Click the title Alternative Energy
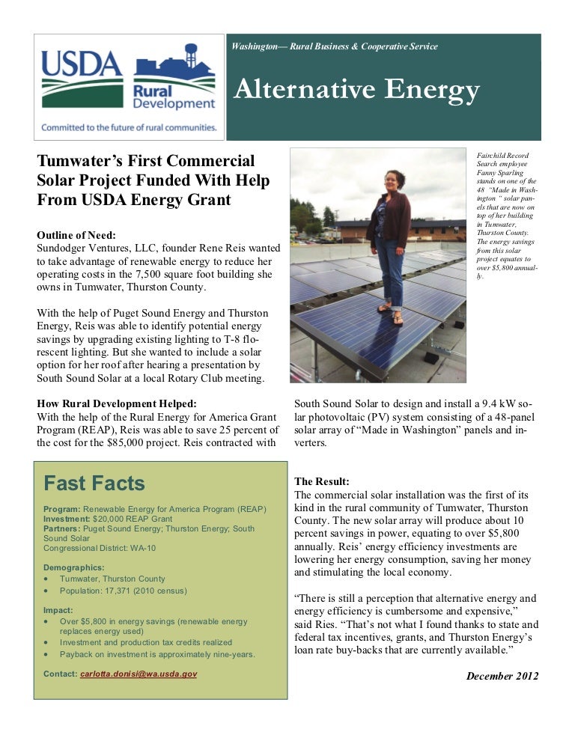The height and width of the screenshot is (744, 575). pos(356,91)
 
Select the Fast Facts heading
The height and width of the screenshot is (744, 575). pos(94,483)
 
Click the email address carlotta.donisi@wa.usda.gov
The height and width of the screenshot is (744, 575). pos(139,674)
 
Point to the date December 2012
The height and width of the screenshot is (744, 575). pos(502,676)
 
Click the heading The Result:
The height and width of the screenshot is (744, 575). pos(322,481)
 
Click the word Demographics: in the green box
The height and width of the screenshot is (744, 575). pos(74,567)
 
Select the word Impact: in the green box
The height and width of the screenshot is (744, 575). pos(58,610)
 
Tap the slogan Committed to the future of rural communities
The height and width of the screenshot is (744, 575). pos(129,127)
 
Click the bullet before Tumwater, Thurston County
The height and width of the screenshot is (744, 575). pos(48,579)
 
